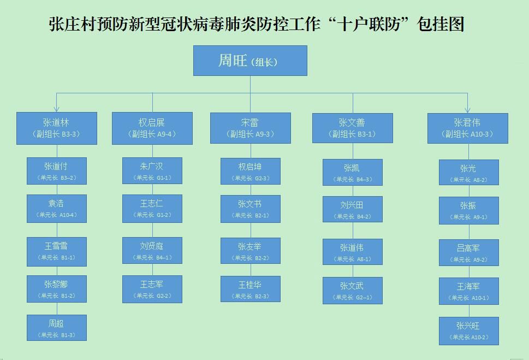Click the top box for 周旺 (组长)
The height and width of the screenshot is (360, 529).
(250, 61)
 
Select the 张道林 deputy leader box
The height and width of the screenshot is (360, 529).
(57, 128)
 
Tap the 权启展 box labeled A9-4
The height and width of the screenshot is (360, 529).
(152, 128)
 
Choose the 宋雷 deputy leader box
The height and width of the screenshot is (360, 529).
(251, 128)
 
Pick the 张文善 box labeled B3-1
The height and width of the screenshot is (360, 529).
(352, 128)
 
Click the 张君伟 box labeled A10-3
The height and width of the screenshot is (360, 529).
(467, 128)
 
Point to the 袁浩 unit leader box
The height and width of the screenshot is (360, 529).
(57, 209)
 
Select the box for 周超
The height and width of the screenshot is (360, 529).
(57, 328)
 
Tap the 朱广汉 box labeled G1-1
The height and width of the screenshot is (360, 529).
(152, 171)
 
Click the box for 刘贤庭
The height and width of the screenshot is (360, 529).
(152, 251)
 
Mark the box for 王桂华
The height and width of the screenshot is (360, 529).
(251, 289)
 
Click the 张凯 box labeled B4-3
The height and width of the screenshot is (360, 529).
(352, 173)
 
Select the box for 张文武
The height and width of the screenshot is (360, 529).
(352, 291)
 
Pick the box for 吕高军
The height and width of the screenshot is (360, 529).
(468, 253)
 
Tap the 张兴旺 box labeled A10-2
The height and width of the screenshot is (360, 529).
(468, 331)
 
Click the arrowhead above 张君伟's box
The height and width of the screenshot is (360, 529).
(467, 110)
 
